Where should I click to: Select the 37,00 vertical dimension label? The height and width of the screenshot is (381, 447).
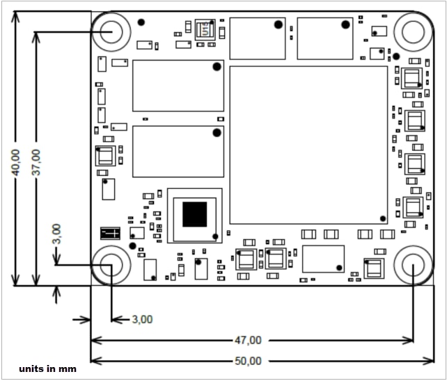click(x=36, y=162)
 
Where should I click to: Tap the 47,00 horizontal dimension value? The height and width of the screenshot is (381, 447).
click(x=248, y=340)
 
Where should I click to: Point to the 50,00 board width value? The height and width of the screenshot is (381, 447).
click(x=248, y=361)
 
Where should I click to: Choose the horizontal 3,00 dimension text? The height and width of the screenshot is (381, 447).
click(x=142, y=319)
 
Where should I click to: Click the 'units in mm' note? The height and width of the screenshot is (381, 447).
click(x=48, y=368)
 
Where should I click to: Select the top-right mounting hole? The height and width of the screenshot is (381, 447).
click(x=413, y=31)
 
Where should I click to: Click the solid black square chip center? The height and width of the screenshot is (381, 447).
click(x=194, y=214)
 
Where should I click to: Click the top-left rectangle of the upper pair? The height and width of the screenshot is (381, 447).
click(x=258, y=38)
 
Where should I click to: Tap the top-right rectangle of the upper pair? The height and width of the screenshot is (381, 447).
click(x=324, y=38)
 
